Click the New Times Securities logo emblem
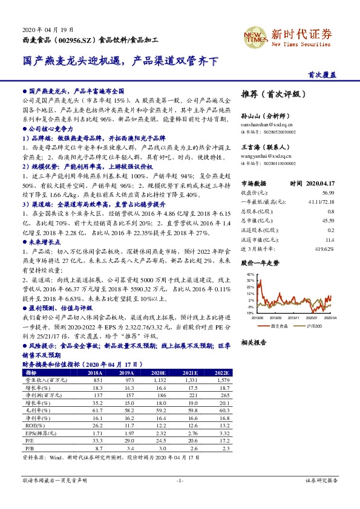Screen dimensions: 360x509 (x=252, y=34)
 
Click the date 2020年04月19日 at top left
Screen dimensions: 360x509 (x=47, y=29)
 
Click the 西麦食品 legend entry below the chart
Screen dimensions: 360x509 (x=278, y=326)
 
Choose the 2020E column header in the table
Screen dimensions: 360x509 (x=159, y=374)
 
